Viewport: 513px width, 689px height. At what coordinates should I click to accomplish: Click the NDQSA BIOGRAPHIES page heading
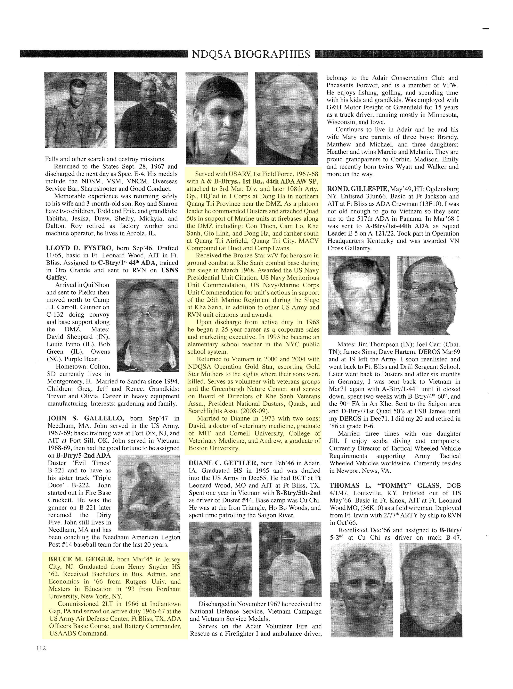[251, 54]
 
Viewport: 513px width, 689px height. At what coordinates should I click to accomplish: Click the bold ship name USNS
[169, 270]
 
